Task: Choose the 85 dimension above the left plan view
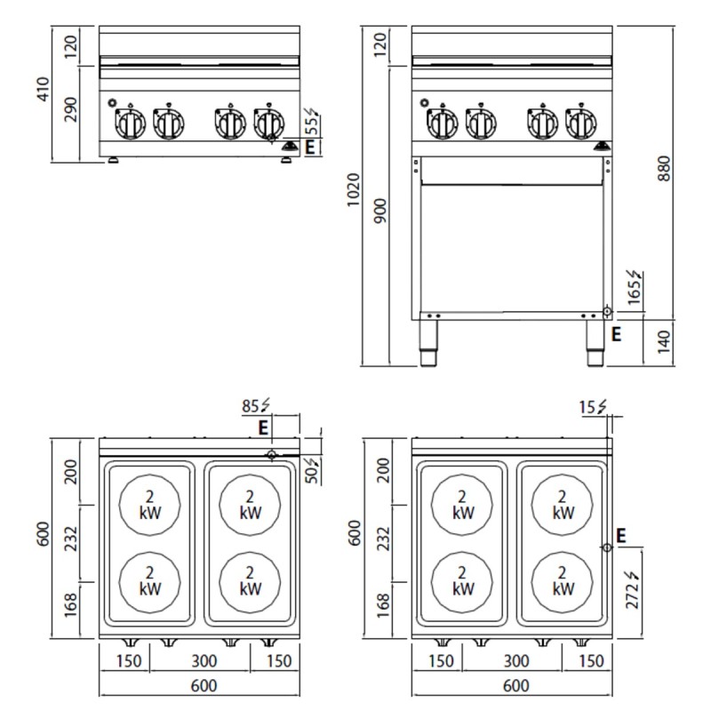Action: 256,408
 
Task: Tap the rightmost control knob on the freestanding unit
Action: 581,122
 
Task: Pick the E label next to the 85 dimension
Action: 263,427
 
